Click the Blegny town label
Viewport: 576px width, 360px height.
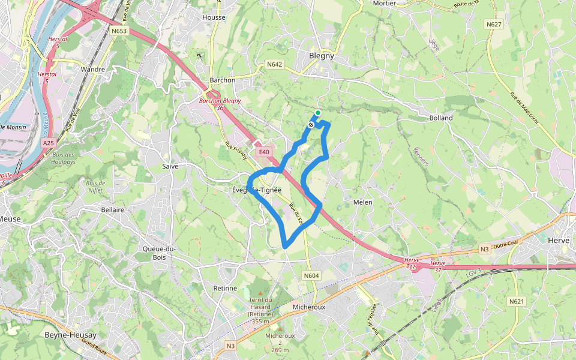pyautogui.click(x=321, y=56)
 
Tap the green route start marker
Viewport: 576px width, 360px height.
pyautogui.click(x=318, y=113)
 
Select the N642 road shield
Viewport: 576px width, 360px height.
pyautogui.click(x=274, y=64)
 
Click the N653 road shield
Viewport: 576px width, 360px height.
pyautogui.click(x=119, y=31)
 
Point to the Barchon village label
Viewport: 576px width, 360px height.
pyautogui.click(x=223, y=80)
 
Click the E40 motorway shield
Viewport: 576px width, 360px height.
pyautogui.click(x=264, y=152)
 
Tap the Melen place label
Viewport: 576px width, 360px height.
pyautogui.click(x=363, y=202)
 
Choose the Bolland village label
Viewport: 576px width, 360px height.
pyautogui.click(x=441, y=118)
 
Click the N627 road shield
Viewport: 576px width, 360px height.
pyautogui.click(x=494, y=25)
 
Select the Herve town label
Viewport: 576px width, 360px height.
pyautogui.click(x=559, y=240)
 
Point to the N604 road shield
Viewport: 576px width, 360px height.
pyautogui.click(x=311, y=275)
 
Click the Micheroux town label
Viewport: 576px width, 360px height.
pyautogui.click(x=310, y=307)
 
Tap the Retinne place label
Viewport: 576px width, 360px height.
pyautogui.click(x=226, y=288)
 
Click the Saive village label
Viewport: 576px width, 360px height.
pyautogui.click(x=170, y=166)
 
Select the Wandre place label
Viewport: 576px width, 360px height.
pyautogui.click(x=93, y=70)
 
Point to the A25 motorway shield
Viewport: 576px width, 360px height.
pyautogui.click(x=49, y=143)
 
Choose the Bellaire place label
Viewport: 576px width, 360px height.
pyautogui.click(x=113, y=210)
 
